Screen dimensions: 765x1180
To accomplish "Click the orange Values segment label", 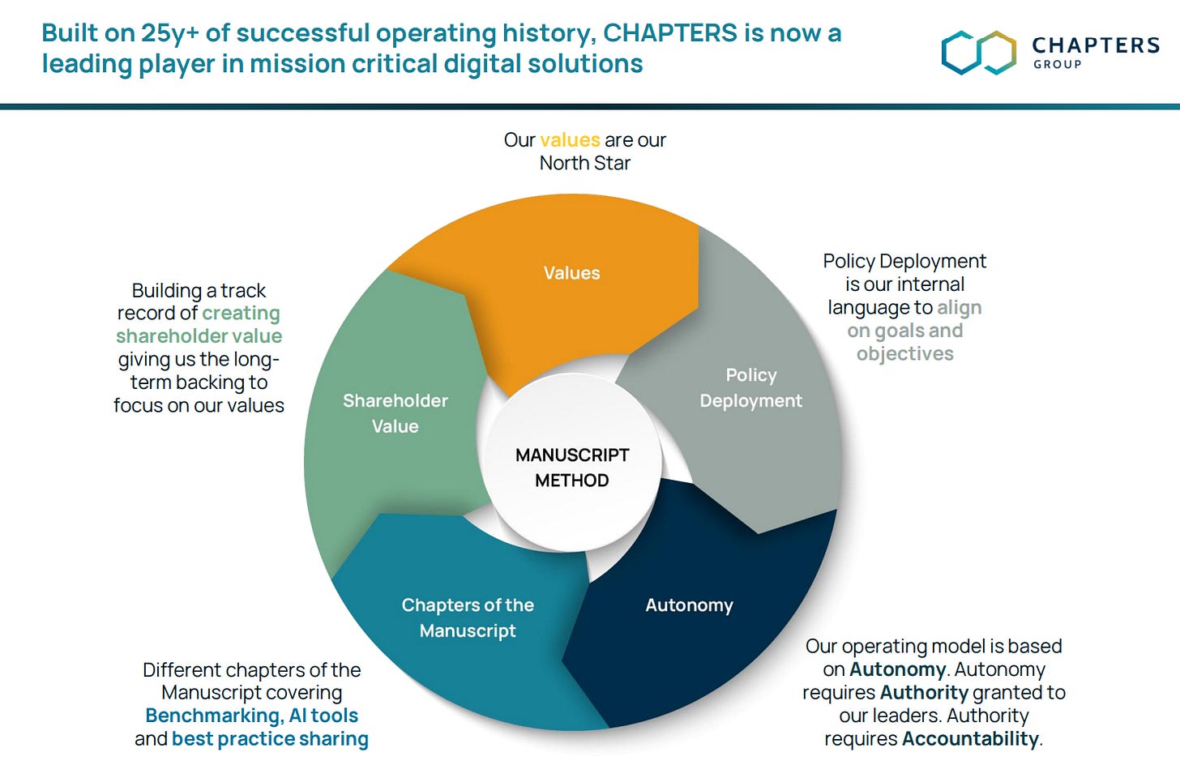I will tap(571, 273).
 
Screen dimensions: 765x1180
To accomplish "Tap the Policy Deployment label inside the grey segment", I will tap(750, 387).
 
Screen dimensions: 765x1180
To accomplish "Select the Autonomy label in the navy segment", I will tap(689, 605).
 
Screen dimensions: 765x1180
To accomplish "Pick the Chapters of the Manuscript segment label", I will tap(468, 618).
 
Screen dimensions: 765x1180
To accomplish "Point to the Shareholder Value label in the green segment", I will tap(395, 413).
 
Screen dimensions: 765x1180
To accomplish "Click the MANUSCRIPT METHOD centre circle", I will tap(571, 468).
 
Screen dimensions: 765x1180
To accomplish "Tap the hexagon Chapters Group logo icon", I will tap(978, 53).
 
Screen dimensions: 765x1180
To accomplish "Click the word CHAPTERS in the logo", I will tap(1096, 45).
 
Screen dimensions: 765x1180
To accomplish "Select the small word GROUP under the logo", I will tap(1057, 65).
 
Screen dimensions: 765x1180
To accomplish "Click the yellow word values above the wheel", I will tap(569, 140).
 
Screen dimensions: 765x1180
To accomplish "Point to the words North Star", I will tap(584, 163).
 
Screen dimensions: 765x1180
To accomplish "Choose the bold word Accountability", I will tap(970, 739).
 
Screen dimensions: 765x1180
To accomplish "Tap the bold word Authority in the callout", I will tap(924, 693).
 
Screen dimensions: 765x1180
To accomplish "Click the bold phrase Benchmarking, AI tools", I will tap(251, 716).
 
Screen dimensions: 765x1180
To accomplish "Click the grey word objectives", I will tap(904, 354).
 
